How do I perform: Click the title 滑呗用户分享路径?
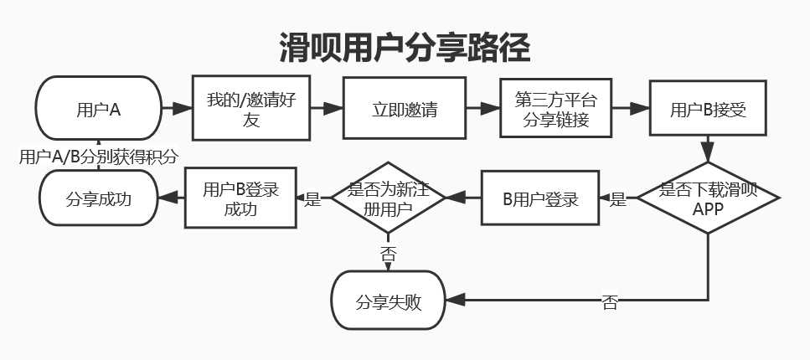405,49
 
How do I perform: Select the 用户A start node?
98,108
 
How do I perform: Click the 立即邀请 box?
405,109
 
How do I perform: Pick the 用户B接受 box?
708,109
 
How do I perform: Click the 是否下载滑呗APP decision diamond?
708,199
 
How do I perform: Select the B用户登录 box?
540,198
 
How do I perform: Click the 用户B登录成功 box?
240,198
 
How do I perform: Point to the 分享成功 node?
98,198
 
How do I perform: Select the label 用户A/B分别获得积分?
98,156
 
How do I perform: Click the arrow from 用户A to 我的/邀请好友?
176,109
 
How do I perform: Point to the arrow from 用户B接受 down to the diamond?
708,149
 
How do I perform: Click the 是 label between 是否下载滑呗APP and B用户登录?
618,199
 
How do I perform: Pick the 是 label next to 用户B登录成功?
312,199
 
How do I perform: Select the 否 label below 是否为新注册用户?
388,251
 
